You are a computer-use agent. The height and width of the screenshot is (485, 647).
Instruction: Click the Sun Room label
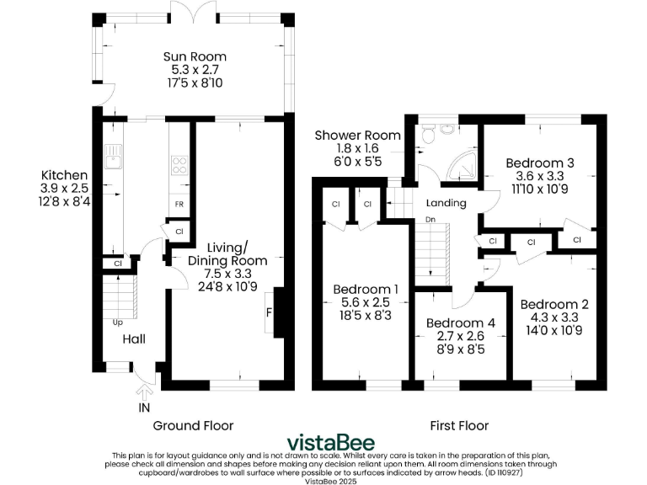tap(195, 57)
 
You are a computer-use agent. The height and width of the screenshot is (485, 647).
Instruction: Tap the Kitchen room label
tap(63, 175)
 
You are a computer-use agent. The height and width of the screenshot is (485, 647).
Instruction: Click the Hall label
tap(134, 339)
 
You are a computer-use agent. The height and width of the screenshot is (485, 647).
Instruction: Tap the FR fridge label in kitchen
tap(179, 205)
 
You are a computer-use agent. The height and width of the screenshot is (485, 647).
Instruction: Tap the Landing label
tap(446, 203)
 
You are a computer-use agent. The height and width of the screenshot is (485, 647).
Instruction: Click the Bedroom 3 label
tap(540, 163)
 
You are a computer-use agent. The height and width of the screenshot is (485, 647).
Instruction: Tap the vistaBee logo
tap(331, 442)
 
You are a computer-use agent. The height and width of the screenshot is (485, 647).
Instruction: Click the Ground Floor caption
tap(193, 425)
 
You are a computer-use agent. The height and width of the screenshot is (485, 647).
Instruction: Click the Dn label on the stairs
tap(429, 220)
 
